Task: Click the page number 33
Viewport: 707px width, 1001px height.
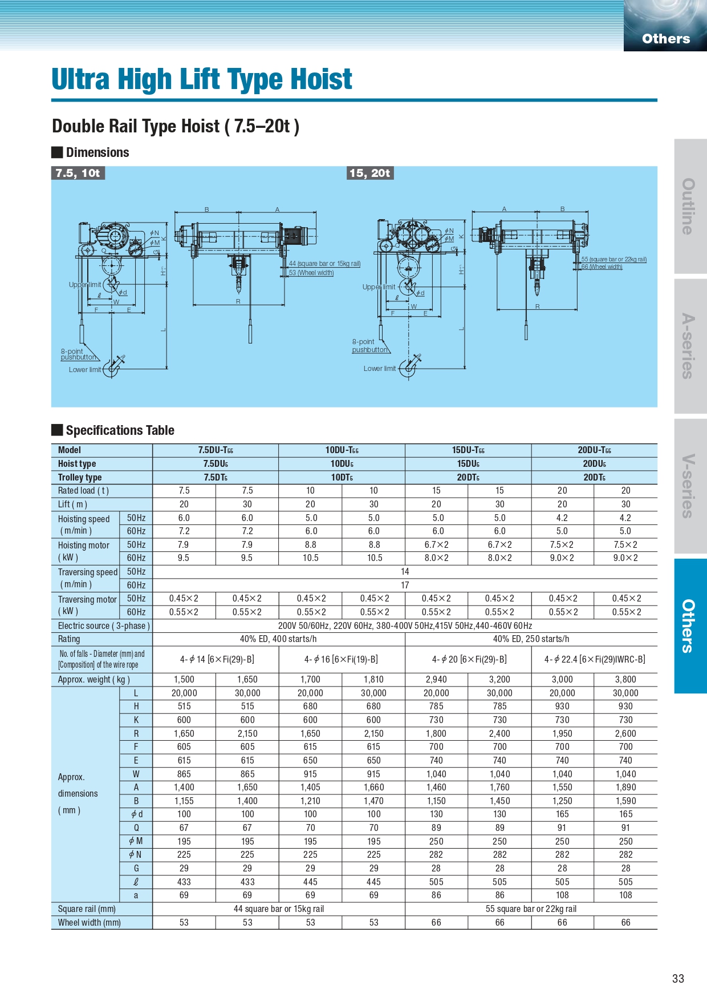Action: (x=677, y=978)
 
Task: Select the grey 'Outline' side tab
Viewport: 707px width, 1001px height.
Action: (x=690, y=206)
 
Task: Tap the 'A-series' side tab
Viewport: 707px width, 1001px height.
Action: (x=690, y=346)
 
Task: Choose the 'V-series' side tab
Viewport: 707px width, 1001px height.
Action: (x=690, y=486)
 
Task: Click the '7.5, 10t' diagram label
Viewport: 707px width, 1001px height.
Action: (x=78, y=173)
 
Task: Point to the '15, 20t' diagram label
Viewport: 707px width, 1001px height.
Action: (x=370, y=173)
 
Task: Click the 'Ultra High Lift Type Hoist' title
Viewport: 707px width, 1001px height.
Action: (x=202, y=79)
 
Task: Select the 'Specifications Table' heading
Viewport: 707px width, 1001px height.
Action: (x=120, y=430)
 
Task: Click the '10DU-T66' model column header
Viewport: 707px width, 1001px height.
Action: (x=342, y=450)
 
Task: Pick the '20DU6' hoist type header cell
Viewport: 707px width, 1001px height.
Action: (x=594, y=464)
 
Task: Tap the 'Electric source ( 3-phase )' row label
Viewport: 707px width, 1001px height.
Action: (x=104, y=625)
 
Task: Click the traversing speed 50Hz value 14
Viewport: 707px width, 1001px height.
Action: (x=405, y=571)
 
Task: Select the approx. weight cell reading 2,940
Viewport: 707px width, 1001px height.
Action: (x=436, y=679)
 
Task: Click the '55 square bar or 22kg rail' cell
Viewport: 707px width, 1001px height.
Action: (x=531, y=909)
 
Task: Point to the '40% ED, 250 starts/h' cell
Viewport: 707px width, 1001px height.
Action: (x=531, y=639)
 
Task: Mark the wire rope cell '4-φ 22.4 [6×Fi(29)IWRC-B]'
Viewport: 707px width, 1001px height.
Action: (x=594, y=659)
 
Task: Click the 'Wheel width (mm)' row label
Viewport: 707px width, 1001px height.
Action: (x=90, y=922)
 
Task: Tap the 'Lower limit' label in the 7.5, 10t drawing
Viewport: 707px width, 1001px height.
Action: (x=85, y=370)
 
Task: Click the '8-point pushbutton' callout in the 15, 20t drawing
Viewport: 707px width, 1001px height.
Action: (x=369, y=346)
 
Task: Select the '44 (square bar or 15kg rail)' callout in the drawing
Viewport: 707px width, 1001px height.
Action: (x=324, y=264)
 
